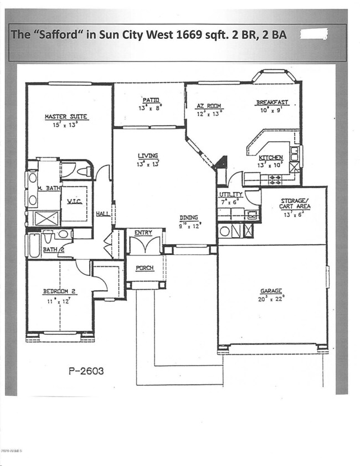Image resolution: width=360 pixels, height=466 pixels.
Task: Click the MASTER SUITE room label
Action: point(66,117)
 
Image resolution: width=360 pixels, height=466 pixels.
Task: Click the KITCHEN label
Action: point(270,158)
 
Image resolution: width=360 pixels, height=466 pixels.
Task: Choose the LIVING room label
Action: point(148,156)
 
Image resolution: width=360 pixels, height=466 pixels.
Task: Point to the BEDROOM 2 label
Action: point(59,291)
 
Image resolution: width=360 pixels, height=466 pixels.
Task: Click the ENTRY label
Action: point(143,233)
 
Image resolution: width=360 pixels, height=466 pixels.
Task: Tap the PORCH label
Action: point(144,268)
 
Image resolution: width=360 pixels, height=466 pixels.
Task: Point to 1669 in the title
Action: point(176,35)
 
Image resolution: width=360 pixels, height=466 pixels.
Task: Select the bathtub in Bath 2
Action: point(34,244)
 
